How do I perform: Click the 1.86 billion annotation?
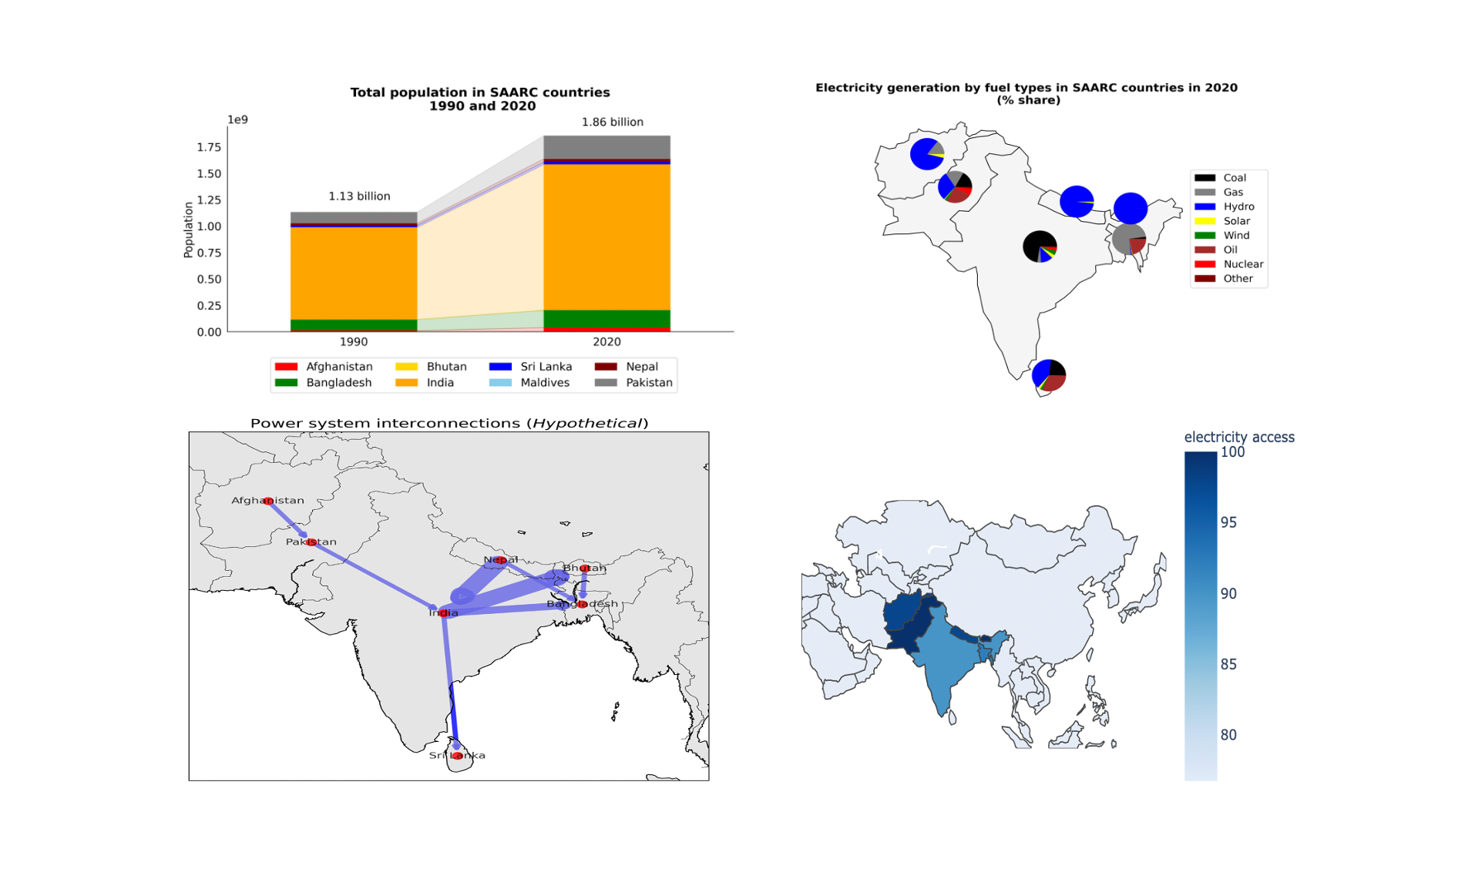click(612, 122)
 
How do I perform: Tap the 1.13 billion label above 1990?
click(359, 196)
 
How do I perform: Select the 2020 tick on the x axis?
click(606, 341)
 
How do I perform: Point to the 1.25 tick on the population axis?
click(208, 200)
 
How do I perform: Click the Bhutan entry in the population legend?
click(445, 367)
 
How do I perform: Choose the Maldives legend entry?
click(544, 382)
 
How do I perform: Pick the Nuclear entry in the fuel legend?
click(1242, 263)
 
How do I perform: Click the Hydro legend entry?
click(1238, 206)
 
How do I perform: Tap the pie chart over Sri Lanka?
click(1048, 375)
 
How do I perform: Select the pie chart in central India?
click(1040, 247)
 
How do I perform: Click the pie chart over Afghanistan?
click(927, 154)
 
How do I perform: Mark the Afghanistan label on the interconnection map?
click(267, 500)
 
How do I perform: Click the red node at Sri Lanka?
click(457, 756)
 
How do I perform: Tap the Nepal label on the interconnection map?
click(500, 559)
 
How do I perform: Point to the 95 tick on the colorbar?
click(1228, 522)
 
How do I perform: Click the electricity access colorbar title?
click(1238, 437)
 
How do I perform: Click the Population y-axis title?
click(188, 229)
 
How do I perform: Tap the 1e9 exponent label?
click(237, 119)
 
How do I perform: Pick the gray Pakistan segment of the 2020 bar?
click(606, 146)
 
